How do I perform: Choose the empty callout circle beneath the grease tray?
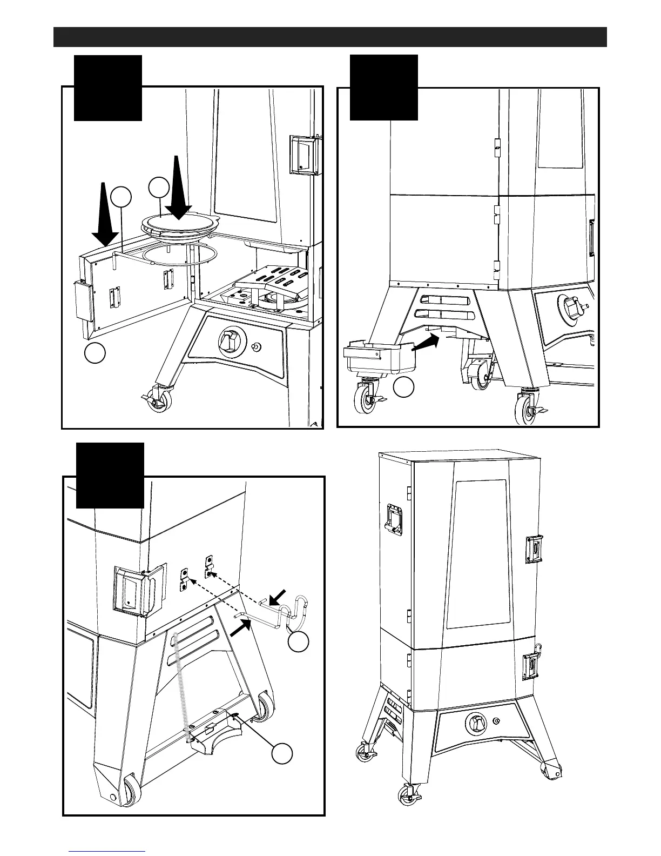click(x=403, y=387)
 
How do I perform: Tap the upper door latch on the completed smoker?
click(x=535, y=550)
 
